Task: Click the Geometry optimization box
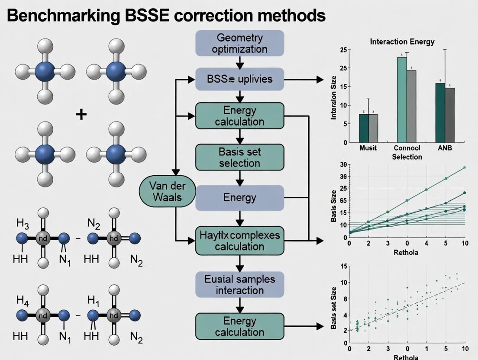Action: point(239,43)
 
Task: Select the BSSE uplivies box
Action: point(239,79)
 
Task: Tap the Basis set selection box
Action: point(239,157)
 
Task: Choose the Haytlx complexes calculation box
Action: point(239,241)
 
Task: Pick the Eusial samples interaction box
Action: point(239,285)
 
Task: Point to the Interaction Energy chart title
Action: point(402,42)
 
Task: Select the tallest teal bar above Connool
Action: point(402,100)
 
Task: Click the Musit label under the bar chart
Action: point(368,148)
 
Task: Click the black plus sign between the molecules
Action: point(81,114)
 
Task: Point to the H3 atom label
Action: point(23,224)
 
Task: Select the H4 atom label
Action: point(23,300)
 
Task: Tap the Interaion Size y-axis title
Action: point(334,100)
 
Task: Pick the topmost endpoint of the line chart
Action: point(465,167)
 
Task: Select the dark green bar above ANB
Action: point(440,113)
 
